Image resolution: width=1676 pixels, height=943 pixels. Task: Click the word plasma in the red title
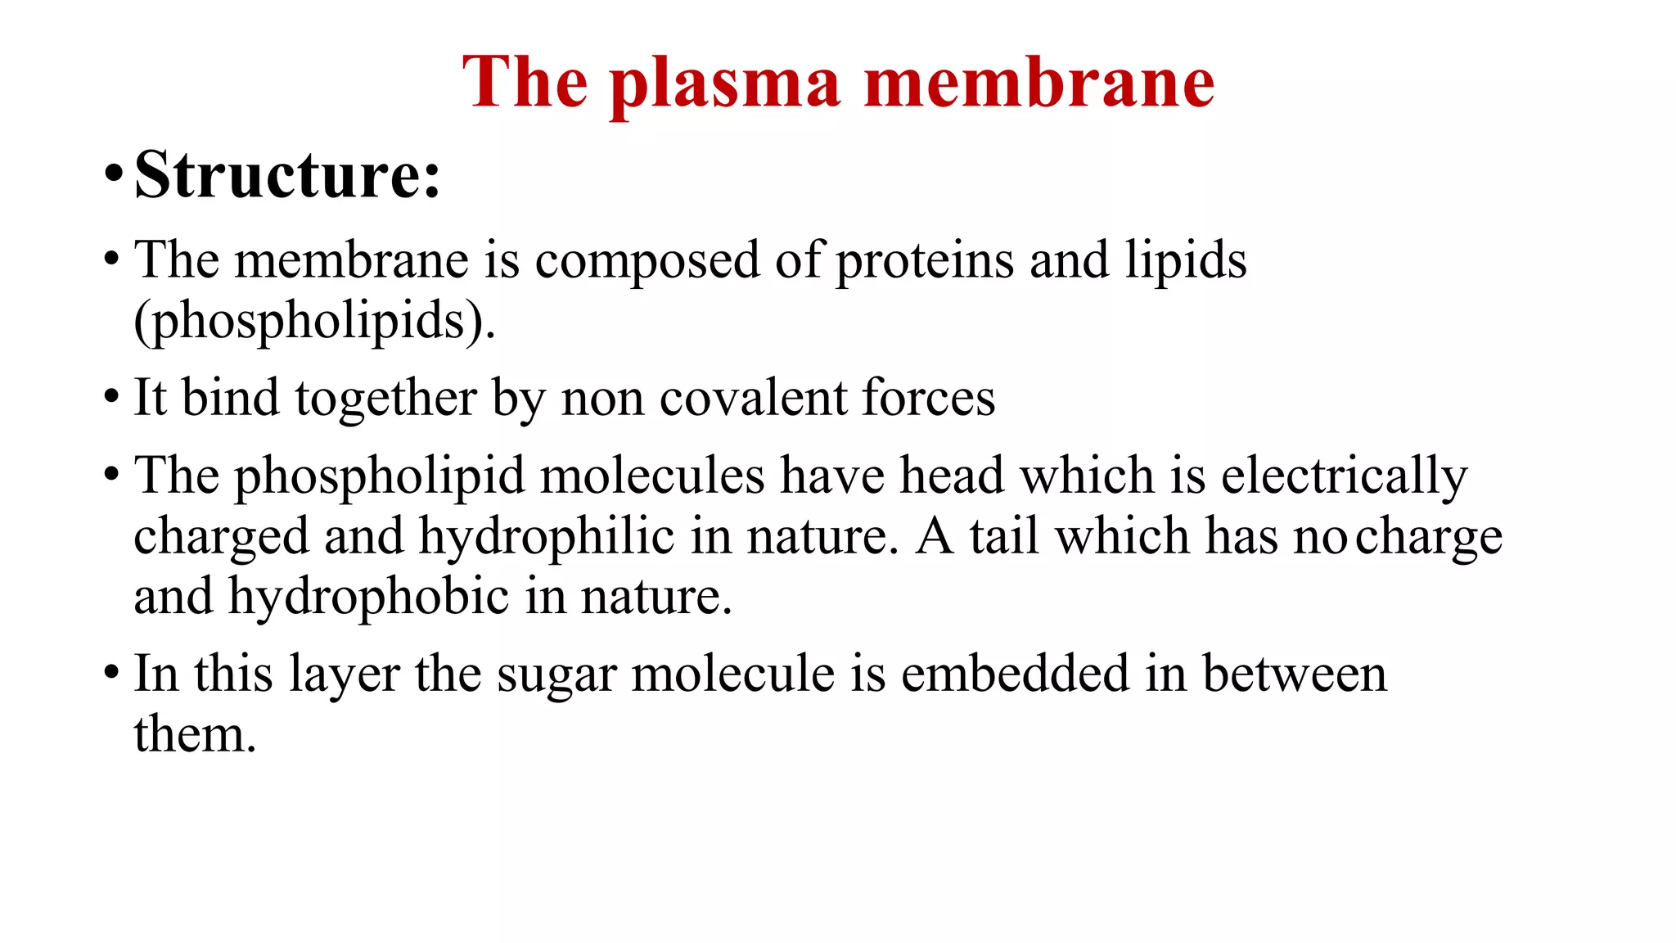725,84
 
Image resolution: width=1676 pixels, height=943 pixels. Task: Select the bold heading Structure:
287,174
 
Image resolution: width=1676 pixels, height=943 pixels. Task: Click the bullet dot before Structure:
113,174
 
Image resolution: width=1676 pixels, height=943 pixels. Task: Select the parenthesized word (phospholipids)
315,320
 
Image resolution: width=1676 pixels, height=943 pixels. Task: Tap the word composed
647,261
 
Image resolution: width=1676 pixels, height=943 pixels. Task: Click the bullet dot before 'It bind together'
113,399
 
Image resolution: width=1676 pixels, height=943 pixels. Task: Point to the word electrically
1345,476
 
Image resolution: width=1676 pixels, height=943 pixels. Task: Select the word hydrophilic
547,537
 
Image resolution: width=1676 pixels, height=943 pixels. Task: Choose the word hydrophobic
368,597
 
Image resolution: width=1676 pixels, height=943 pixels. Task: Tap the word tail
1004,537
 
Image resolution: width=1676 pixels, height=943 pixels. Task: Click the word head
952,476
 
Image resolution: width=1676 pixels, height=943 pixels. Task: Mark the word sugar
556,675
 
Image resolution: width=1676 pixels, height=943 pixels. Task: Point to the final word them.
195,734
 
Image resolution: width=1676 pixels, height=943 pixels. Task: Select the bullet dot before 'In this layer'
113,675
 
